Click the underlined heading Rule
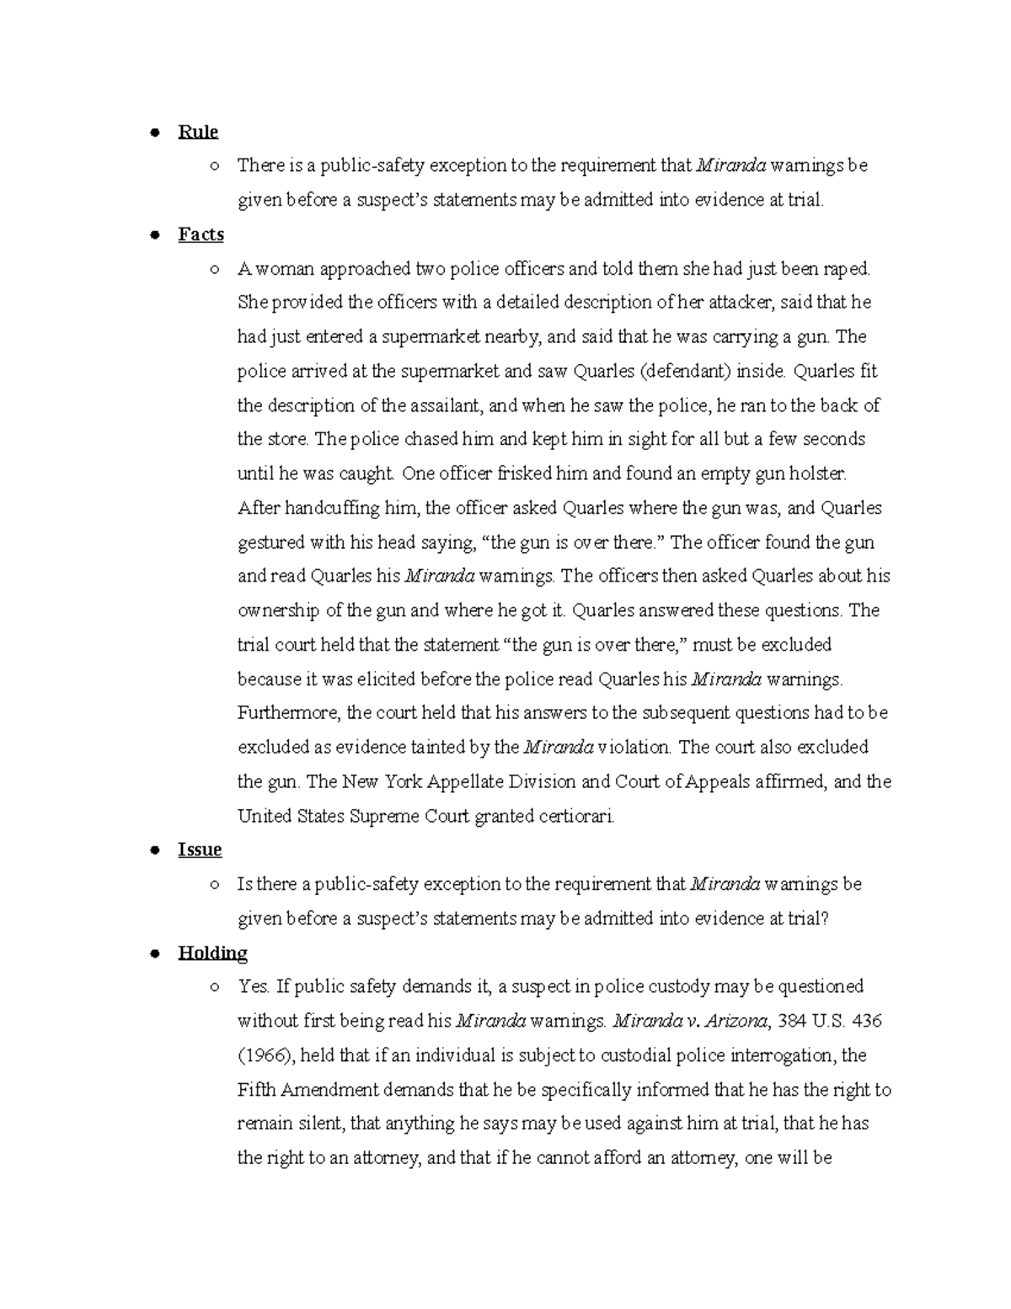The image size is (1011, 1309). [x=198, y=131]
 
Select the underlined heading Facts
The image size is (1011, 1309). [x=201, y=234]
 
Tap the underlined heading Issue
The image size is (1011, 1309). [x=200, y=850]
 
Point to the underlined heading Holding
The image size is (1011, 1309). [x=212, y=952]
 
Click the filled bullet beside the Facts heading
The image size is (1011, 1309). [x=154, y=235]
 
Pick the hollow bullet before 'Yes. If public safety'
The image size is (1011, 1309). [x=216, y=987]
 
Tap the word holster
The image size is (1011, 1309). [x=817, y=474]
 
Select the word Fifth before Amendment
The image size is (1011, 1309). [x=256, y=1090]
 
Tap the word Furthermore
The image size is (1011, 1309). [x=289, y=713]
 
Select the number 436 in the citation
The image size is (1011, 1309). [x=868, y=1022]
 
